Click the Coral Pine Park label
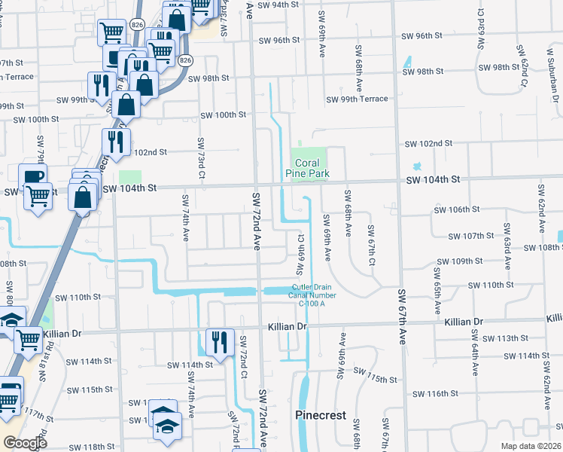point(306,167)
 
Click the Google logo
point(25,442)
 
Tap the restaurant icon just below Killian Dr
point(220,343)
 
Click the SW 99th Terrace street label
point(357,99)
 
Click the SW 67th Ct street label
point(371,245)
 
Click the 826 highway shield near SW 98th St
point(185,60)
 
